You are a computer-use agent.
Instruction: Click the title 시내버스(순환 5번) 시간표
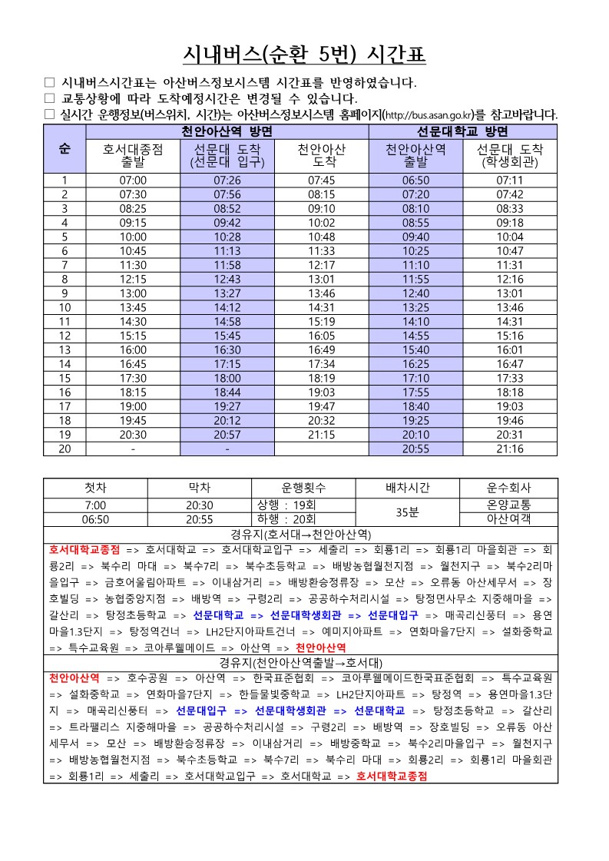pos(304,55)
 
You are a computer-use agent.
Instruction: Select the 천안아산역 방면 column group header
pos(227,131)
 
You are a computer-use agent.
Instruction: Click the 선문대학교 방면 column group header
pos(463,131)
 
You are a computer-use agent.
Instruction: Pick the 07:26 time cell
pos(227,180)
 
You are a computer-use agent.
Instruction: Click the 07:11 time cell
pos(510,180)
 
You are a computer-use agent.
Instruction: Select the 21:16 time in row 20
pos(510,449)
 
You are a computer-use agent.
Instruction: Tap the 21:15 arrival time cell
pos(322,435)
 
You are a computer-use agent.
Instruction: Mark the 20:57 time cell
pos(227,435)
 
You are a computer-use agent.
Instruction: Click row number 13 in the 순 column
pos(65,350)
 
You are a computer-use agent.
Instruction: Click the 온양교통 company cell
pos(509,505)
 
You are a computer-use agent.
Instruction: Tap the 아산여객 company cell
pos(509,519)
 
